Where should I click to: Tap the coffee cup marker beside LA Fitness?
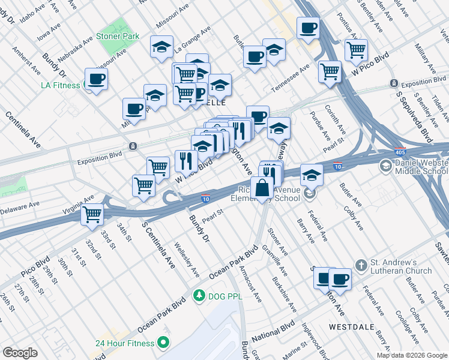96,79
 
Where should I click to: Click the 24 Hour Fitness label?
125,344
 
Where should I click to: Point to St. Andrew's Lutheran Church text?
401,266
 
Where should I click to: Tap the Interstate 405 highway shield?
401,151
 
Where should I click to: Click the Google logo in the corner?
20,353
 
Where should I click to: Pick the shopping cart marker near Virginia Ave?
93,214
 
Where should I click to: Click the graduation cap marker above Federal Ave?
312,175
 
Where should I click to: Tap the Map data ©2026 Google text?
411,355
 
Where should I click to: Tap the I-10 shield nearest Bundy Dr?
206,197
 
